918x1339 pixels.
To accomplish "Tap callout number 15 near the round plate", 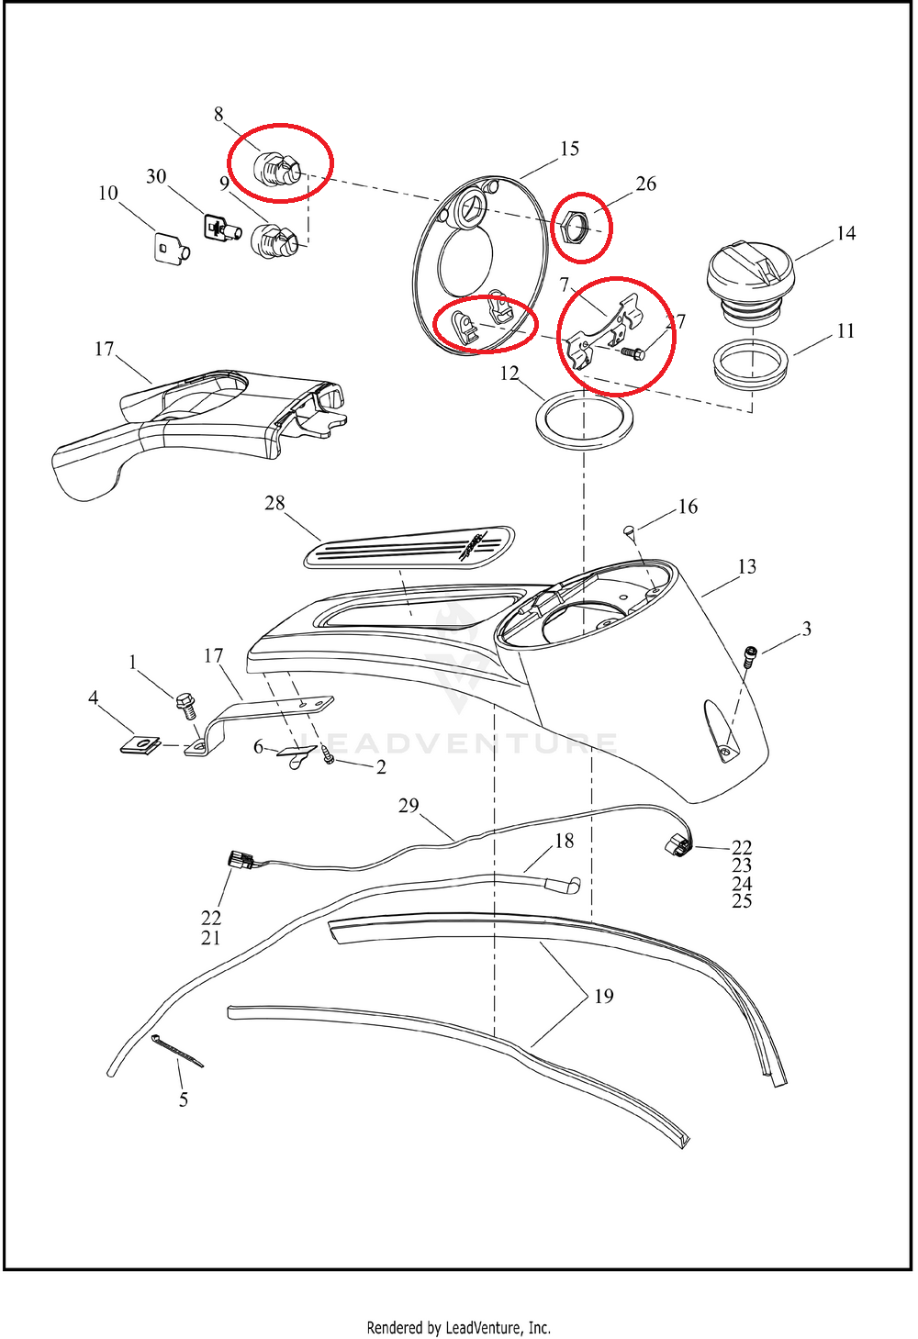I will pos(569,149).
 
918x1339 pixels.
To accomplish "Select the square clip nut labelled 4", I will pos(140,743).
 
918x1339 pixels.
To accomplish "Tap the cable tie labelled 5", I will pos(176,1051).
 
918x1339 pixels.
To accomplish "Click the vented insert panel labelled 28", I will pos(409,548).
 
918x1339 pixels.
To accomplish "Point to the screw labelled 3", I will pos(750,656).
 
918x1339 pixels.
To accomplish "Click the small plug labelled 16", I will pos(630,530).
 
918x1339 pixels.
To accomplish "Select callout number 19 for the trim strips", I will pos(603,997).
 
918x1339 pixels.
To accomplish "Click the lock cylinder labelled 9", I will pos(274,240).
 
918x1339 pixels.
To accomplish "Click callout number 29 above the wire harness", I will pos(409,806).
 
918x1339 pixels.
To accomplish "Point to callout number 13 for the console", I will pos(747,567).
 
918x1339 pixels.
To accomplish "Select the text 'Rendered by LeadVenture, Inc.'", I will pos(458,1327).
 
